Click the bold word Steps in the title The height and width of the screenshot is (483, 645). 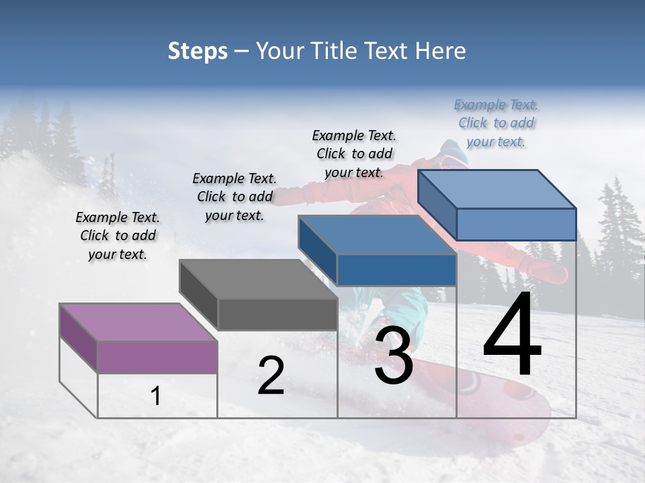pyautogui.click(x=198, y=51)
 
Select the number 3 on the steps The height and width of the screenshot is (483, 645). pyautogui.click(x=393, y=356)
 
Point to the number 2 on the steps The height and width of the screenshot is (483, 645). pyautogui.click(x=271, y=376)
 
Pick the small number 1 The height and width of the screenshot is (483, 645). pyautogui.click(x=156, y=396)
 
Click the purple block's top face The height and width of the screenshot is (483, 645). pyautogui.click(x=138, y=322)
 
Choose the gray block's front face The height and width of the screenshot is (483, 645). pyautogui.click(x=277, y=314)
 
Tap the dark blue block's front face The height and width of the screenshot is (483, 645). pyautogui.click(x=396, y=270)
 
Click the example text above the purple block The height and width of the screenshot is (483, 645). pyautogui.click(x=118, y=235)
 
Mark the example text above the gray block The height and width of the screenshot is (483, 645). pyautogui.click(x=234, y=197)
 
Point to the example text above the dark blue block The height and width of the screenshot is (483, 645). pyautogui.click(x=354, y=154)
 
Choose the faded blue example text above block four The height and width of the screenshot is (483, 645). pyautogui.click(x=497, y=123)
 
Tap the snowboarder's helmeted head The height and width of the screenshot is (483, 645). pyautogui.click(x=451, y=153)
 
